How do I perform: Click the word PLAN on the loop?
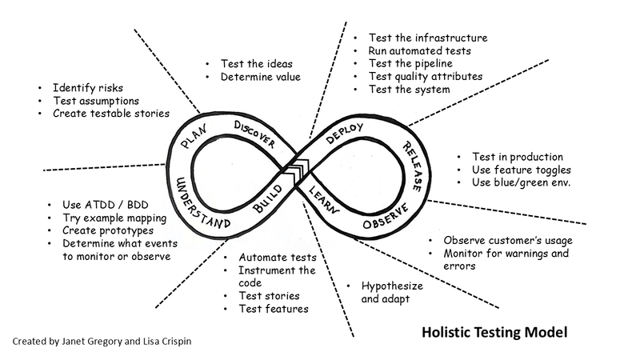click(x=194, y=136)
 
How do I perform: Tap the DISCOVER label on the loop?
click(x=254, y=134)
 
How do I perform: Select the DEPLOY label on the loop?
click(x=345, y=133)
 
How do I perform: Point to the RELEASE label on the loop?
click(x=412, y=166)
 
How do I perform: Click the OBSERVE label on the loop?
click(x=386, y=217)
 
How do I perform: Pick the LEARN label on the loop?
click(x=323, y=201)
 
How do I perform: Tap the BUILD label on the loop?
click(x=268, y=198)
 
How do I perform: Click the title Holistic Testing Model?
click(x=494, y=332)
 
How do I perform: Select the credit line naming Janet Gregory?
click(x=102, y=342)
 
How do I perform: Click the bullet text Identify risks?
click(x=88, y=88)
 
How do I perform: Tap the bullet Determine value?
click(x=261, y=77)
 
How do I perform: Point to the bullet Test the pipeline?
click(x=410, y=63)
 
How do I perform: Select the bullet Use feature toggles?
click(x=522, y=170)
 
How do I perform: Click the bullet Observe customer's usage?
click(x=508, y=241)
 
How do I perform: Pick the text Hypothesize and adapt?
click(x=392, y=292)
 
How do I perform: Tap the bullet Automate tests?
click(x=278, y=258)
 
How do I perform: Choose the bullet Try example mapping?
click(x=114, y=218)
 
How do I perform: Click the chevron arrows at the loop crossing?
click(x=296, y=169)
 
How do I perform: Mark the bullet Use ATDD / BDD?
click(x=106, y=205)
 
